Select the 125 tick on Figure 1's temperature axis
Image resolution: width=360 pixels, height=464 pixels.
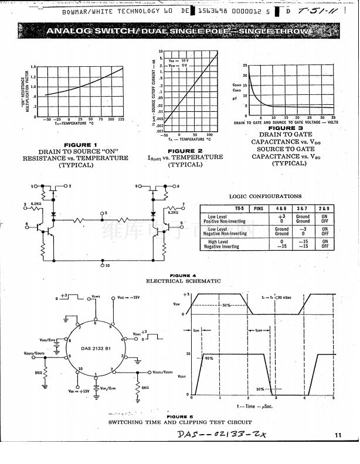coord(121,119)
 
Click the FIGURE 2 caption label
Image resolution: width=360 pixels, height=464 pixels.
coord(185,151)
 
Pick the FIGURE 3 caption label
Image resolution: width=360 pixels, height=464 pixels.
coord(286,128)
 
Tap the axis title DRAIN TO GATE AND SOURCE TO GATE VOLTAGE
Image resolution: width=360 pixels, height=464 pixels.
coord(286,122)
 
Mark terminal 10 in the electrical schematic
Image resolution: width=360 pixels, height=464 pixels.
coord(106,265)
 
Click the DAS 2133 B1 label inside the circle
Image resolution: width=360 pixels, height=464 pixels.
coord(96,349)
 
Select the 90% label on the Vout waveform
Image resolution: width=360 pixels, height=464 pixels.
coord(209,358)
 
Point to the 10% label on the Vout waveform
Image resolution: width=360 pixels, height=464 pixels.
coord(260,389)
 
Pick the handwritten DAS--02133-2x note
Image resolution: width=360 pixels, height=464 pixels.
coord(223,435)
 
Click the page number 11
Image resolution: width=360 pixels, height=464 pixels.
coord(338,435)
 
